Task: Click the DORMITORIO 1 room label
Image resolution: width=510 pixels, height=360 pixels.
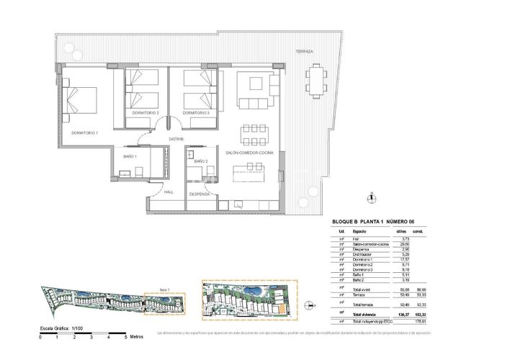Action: coord(84,133)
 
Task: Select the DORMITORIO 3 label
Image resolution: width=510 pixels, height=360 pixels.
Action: coord(195,114)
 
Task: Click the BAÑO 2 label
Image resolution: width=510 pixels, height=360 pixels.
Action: coord(200,161)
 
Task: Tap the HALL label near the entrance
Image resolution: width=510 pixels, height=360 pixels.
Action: coord(169,192)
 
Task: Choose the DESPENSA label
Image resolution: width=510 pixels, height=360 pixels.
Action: coord(200,194)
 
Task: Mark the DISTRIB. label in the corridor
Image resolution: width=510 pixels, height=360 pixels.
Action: coord(176,138)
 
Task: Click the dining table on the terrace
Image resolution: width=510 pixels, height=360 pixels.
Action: coord(315,80)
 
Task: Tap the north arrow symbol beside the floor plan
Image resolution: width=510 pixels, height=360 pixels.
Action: coord(370,198)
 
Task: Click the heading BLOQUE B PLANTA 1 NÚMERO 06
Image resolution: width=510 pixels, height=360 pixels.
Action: coord(374,221)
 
